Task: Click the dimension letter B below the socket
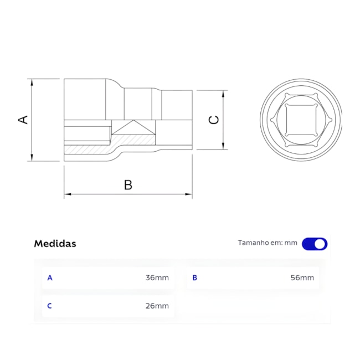point(128,185)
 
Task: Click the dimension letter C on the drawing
point(214,120)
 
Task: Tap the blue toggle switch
point(315,244)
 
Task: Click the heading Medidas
point(55,243)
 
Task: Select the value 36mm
point(157,277)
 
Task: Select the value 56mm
point(302,277)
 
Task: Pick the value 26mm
point(157,306)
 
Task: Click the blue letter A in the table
point(50,277)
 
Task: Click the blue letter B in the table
point(194,277)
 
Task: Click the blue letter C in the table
point(50,306)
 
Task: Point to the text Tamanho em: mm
point(268,243)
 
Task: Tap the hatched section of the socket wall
point(89,150)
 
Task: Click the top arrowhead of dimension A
point(33,81)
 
